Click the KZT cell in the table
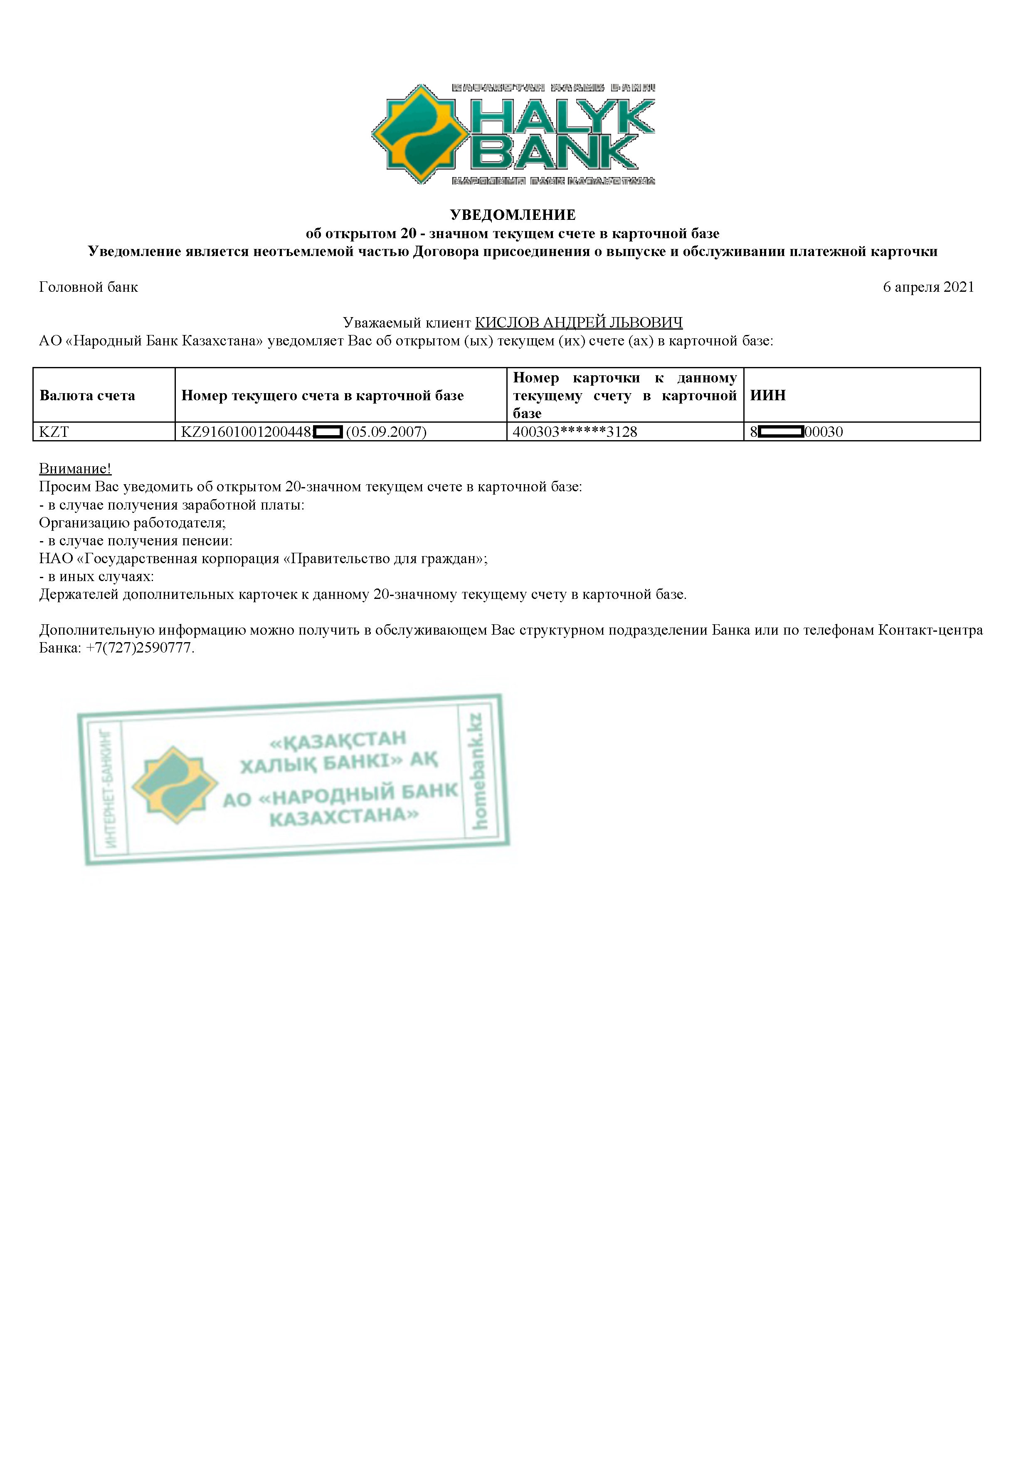click(54, 432)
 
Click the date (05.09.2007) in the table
click(386, 432)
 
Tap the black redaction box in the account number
click(328, 432)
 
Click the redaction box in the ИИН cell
click(781, 432)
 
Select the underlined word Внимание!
click(75, 469)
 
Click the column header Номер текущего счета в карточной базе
click(322, 396)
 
